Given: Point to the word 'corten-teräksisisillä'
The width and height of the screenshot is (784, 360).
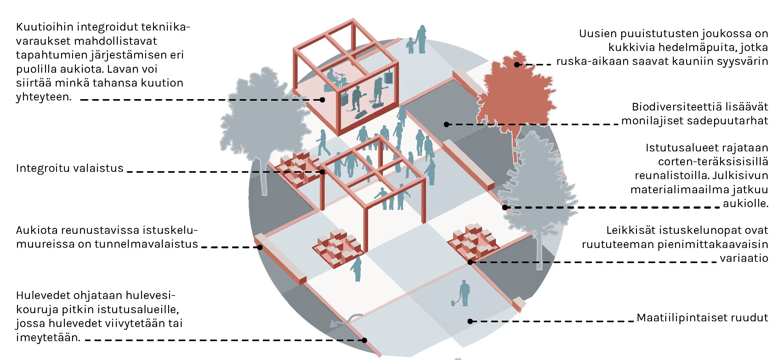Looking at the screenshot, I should coord(713,162).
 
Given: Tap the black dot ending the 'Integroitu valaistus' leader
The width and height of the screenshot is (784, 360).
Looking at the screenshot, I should coord(322,172).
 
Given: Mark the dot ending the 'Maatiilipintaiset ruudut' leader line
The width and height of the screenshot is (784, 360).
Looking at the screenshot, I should coord(470,321).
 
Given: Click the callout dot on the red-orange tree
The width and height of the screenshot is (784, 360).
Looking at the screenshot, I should coord(517,65).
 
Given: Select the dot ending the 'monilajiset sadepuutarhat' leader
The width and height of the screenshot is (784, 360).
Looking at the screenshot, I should coord(446,125).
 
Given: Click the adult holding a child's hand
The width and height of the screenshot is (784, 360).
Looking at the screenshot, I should coord(421,39).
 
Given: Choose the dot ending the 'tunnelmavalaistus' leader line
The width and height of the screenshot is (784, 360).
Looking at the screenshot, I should coord(260,247).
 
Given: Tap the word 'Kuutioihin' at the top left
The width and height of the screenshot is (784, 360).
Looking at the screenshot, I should coord(44,27).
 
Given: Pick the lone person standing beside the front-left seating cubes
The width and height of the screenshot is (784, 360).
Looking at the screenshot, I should coord(357,269).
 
